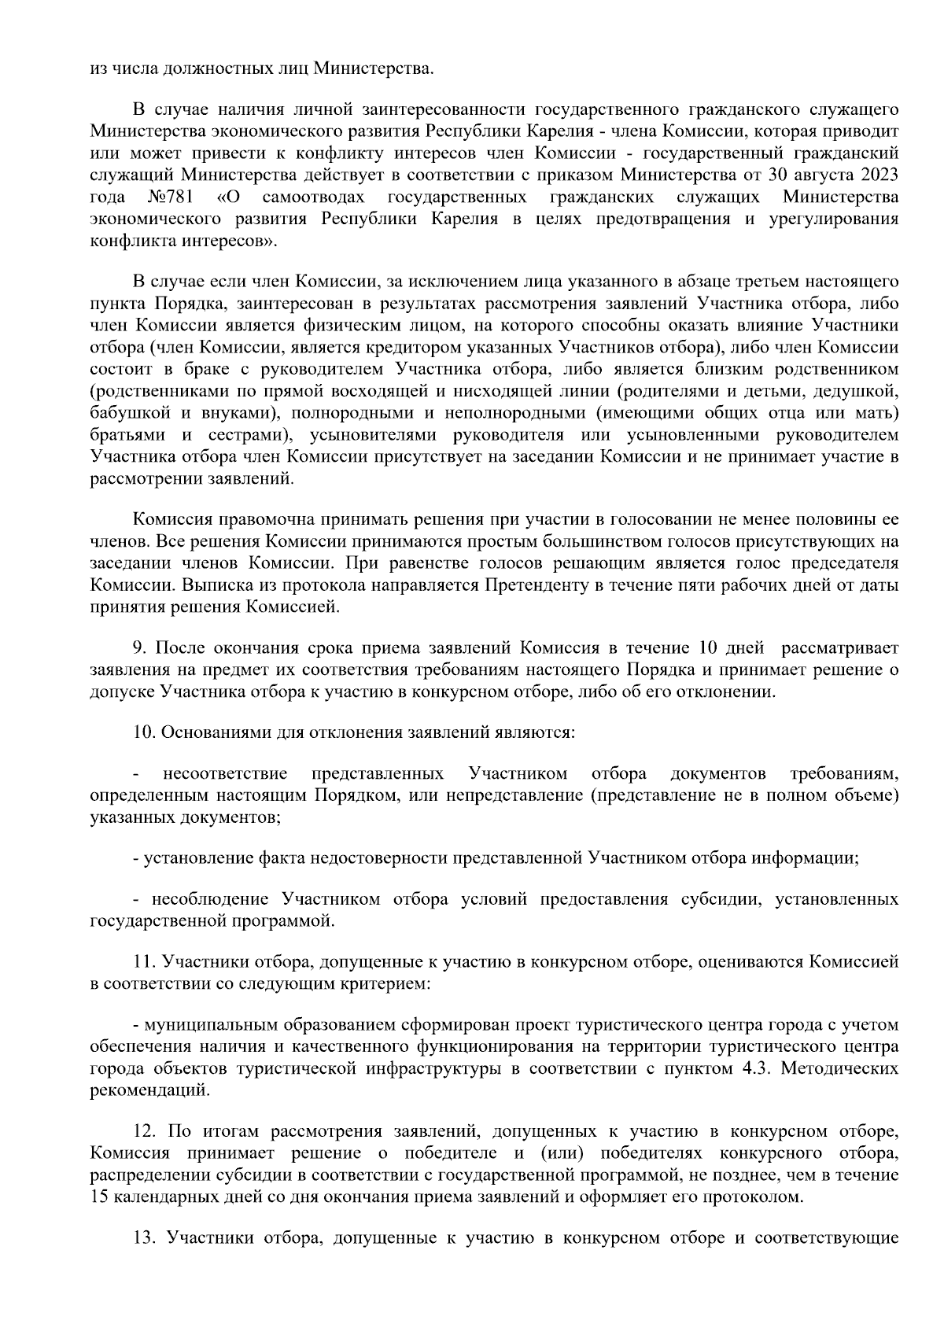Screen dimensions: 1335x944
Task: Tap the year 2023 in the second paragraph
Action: tap(879, 173)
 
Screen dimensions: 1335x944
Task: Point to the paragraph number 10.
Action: tap(142, 732)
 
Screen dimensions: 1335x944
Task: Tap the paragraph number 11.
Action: tap(142, 961)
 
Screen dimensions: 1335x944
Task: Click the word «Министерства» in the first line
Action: tap(373, 68)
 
